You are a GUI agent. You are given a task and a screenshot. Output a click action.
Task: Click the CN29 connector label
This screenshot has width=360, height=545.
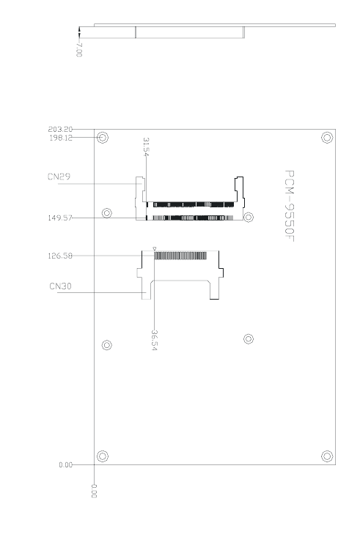point(59,177)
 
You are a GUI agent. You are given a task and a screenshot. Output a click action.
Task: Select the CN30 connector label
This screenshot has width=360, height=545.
point(61,286)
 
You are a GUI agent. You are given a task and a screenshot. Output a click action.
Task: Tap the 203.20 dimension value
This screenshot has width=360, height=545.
point(60,130)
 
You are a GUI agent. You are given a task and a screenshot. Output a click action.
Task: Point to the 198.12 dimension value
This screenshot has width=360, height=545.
point(61,138)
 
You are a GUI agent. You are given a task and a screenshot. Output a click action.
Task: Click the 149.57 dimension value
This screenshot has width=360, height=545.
point(60,218)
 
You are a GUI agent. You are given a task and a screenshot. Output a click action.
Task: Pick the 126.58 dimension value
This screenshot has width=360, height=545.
point(60,256)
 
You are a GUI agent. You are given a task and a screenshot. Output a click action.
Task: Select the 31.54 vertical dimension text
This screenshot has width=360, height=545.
point(147,147)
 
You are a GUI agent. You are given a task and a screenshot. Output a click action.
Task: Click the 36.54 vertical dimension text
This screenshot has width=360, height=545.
point(154,340)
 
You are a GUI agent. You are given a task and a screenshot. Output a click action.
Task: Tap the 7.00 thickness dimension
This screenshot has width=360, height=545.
point(79,50)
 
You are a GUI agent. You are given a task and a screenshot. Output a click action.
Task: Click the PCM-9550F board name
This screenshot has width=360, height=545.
point(289,206)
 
